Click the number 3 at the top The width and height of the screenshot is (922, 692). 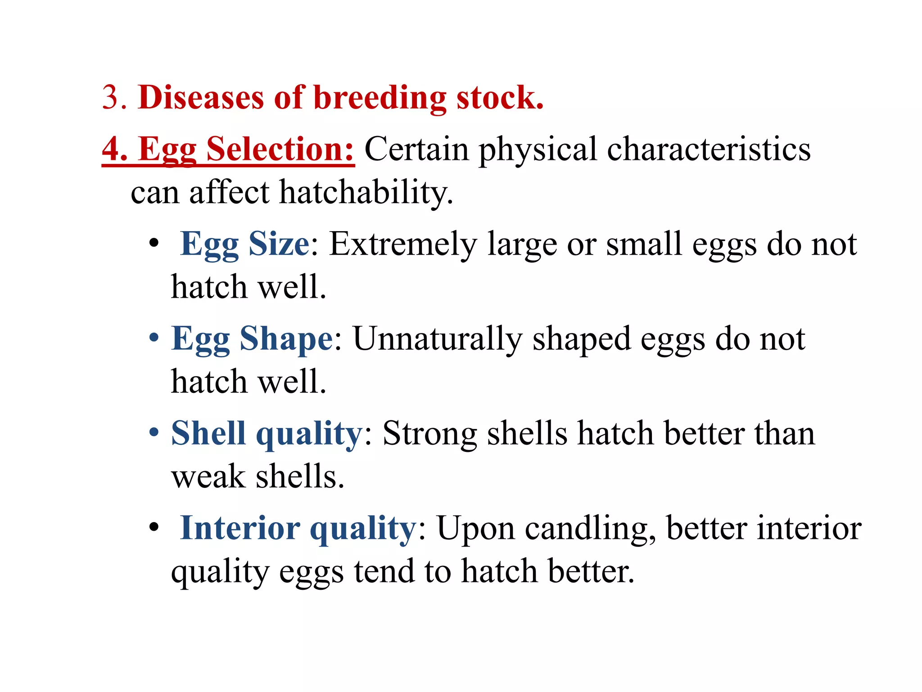click(111, 97)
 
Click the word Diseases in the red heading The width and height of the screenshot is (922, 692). click(201, 97)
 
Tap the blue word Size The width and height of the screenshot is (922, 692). click(279, 244)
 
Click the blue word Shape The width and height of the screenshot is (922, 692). click(286, 338)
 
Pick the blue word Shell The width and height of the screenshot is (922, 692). click(208, 433)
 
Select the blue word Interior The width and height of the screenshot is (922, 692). click(240, 528)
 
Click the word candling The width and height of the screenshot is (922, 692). click(590, 528)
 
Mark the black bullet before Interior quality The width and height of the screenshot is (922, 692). click(154, 527)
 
